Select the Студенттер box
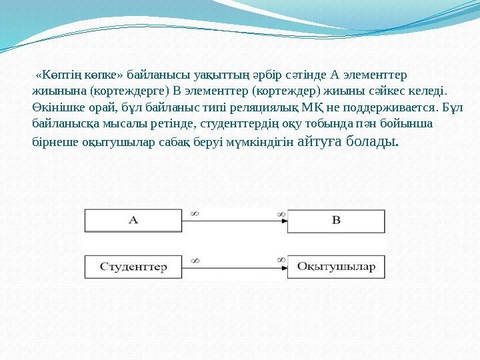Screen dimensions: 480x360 click(x=133, y=267)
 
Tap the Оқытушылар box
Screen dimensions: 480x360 click(x=336, y=267)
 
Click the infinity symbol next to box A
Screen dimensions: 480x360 click(x=195, y=213)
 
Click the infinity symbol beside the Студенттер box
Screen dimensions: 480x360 click(x=195, y=260)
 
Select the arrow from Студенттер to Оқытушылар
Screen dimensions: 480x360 click(x=233, y=267)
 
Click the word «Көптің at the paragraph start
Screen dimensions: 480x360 click(x=55, y=73)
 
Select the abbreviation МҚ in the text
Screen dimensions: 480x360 click(x=311, y=107)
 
